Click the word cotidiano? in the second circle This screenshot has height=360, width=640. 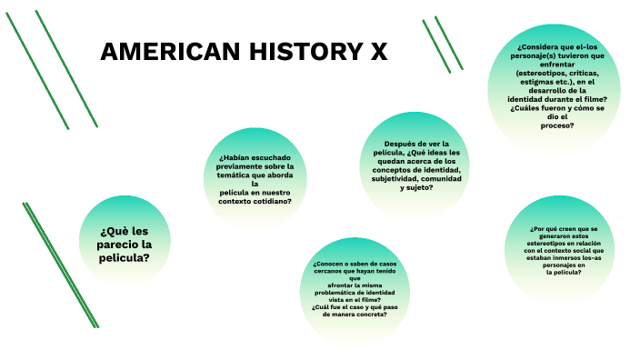[275, 201]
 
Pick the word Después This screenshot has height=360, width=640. [401, 144]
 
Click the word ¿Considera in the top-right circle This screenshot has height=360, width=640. [538, 45]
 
